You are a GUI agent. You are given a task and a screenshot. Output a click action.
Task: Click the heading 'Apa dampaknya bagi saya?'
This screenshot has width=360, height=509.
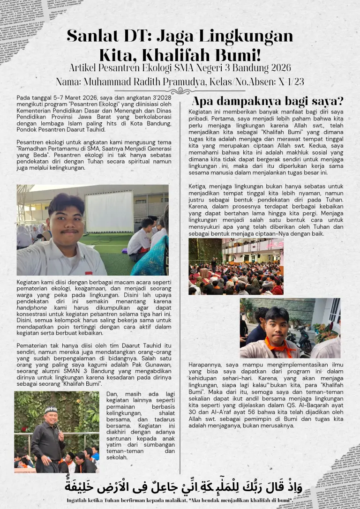[268, 101]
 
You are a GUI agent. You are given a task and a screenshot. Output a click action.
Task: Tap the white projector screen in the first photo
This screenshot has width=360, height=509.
[109, 211]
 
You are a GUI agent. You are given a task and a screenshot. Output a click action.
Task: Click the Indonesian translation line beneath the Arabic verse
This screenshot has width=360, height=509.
[180, 500]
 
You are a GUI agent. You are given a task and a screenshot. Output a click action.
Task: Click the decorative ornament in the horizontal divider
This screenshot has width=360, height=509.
[180, 91]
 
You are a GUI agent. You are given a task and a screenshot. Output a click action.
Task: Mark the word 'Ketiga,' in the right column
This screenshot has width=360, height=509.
[198, 186]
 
